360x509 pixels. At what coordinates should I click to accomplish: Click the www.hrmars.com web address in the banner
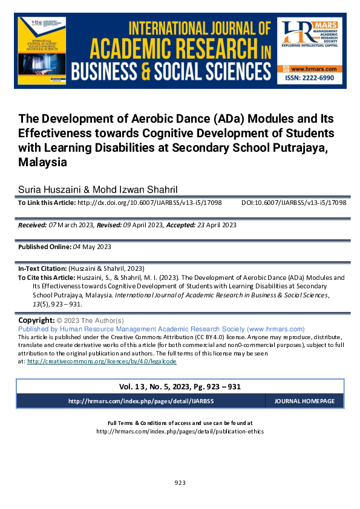click(310, 70)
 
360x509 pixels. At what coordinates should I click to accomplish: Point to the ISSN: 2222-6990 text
click(310, 80)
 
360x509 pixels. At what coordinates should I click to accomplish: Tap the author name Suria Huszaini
click(49, 189)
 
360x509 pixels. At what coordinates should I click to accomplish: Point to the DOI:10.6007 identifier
click(294, 204)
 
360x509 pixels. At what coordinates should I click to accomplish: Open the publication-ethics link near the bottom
click(180, 432)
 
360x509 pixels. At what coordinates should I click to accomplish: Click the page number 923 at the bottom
click(180, 482)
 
